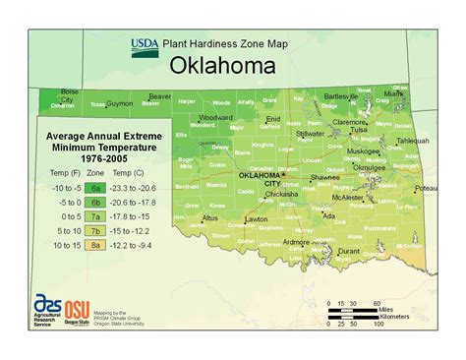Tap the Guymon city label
click(119, 101)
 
